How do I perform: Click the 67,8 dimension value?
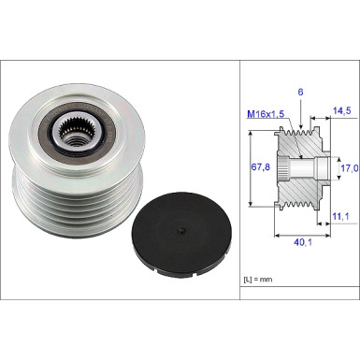261,167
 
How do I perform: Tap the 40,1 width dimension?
303,242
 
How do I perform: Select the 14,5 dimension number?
341,110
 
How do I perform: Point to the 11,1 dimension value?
340,216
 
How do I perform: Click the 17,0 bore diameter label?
350,168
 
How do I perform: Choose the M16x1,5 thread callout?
266,114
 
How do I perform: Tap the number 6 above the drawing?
300,92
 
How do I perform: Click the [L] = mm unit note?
258,280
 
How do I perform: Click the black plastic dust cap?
181,234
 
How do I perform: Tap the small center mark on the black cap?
181,230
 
